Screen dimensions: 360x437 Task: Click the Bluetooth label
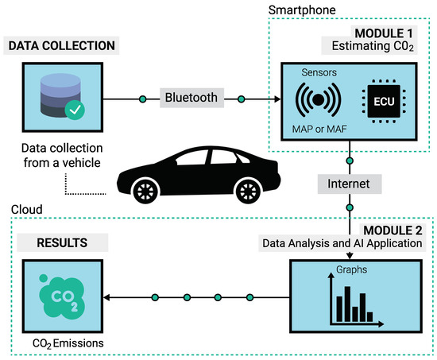191,99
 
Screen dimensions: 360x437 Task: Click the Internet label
349,183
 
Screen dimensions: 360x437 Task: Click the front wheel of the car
145,192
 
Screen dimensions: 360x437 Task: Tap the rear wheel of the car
248,192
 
